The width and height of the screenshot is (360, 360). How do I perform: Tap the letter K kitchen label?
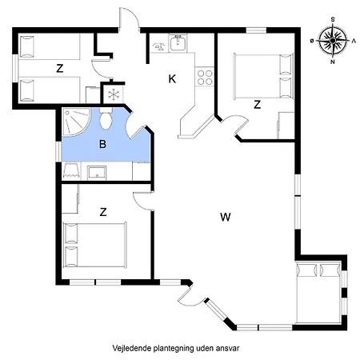click(x=172, y=78)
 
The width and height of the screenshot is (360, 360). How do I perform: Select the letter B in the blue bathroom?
click(x=102, y=144)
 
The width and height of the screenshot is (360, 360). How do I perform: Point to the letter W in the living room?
click(x=226, y=216)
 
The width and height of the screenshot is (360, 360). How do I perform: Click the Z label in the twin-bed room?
click(x=60, y=69)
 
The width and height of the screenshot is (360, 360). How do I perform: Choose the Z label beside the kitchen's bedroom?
click(x=257, y=104)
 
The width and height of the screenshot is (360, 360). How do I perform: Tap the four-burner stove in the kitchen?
click(x=205, y=77)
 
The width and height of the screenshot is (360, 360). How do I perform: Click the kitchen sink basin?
click(x=178, y=46)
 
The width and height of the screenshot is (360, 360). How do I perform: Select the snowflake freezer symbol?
click(x=113, y=94)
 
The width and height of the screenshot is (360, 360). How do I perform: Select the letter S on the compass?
click(x=332, y=18)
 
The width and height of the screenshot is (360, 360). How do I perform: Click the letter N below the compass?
click(x=332, y=61)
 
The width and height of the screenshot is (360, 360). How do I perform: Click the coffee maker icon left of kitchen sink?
click(x=158, y=46)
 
